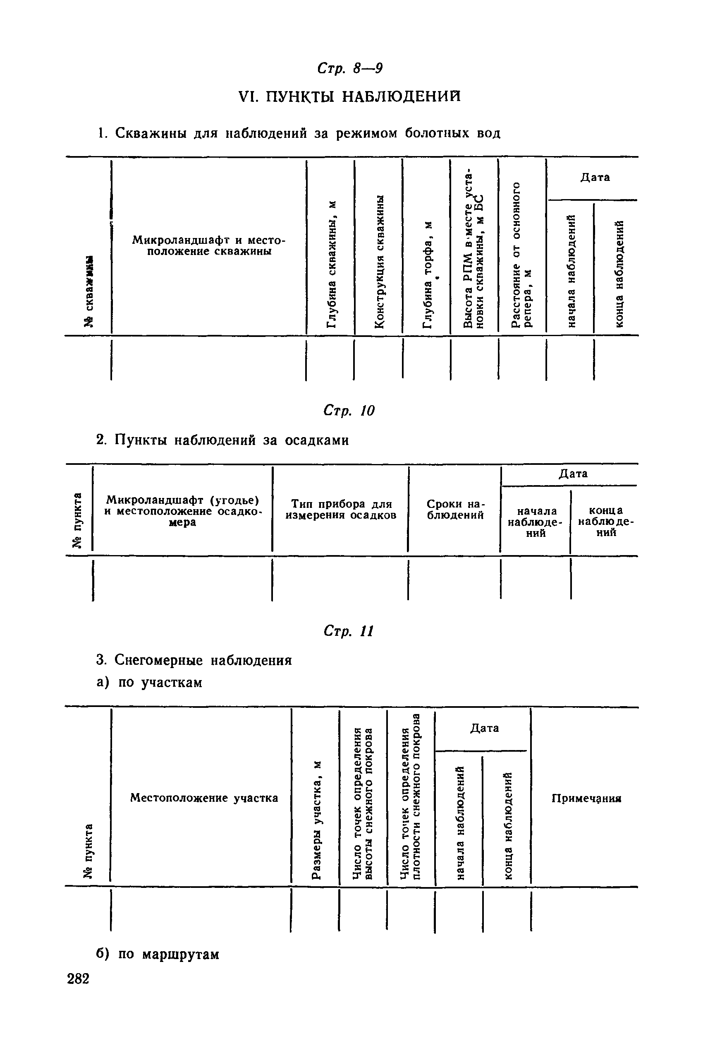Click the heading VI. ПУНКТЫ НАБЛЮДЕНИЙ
point(350,96)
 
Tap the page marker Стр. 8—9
point(350,68)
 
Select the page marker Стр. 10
point(349,410)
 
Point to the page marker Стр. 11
point(348,631)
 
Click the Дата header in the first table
point(595,177)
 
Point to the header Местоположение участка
point(204,798)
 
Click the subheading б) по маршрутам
point(158,954)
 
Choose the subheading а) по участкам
point(149,682)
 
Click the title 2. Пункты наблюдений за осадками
point(222,440)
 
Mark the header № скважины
point(89,292)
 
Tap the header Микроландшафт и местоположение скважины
point(209,245)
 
